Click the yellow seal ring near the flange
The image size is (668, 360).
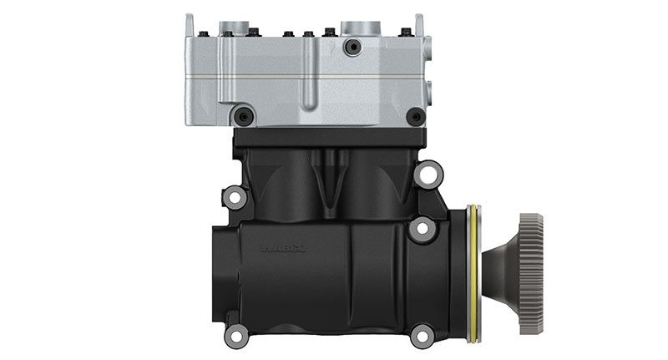(473, 273)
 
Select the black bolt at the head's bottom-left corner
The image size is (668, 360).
(242, 116)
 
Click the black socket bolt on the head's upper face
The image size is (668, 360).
(352, 47)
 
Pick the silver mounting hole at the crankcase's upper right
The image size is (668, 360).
(428, 174)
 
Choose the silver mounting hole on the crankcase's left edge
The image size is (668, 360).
(235, 199)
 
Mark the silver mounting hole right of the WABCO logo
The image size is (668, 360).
(422, 227)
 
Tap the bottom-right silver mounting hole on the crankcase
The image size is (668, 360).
(423, 336)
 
